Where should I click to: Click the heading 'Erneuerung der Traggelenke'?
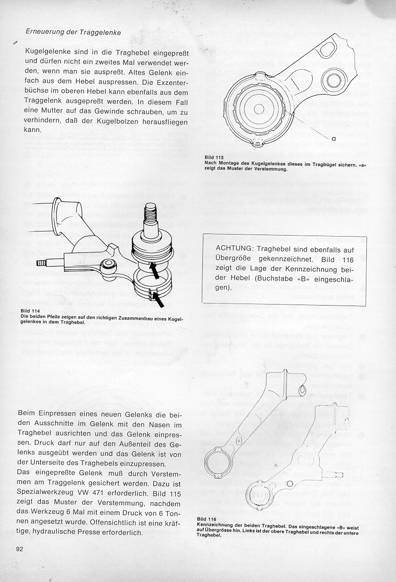pyautogui.click(x=73, y=32)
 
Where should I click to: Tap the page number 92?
pyautogui.click(x=19, y=549)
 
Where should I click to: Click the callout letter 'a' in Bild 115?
pyautogui.click(x=333, y=139)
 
